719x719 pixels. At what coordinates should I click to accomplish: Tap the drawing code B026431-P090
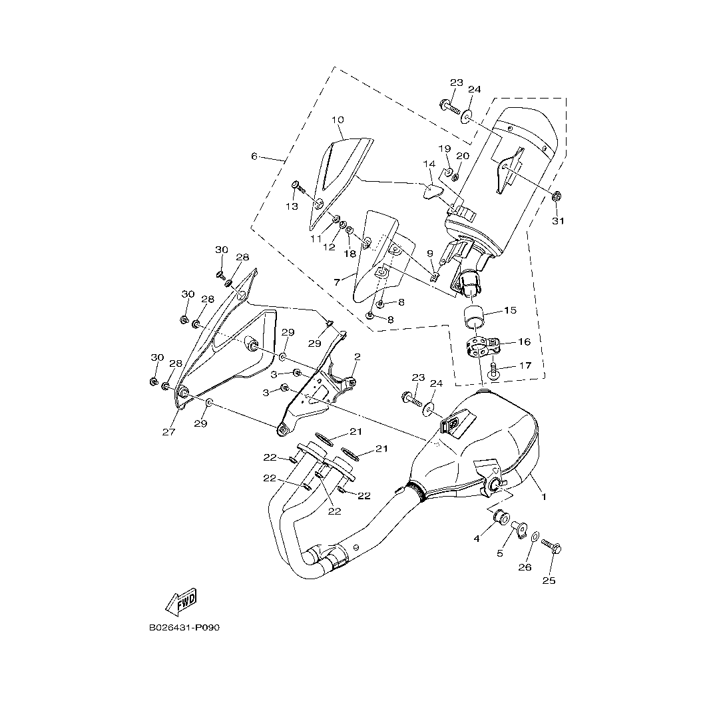[x=184, y=628]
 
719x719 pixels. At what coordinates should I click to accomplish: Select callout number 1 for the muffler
[x=543, y=496]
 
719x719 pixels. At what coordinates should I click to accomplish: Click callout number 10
[x=338, y=120]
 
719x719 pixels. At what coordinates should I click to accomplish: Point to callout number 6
[x=254, y=156]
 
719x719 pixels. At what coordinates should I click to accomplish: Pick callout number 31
[x=558, y=221]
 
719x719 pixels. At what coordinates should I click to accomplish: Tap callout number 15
[x=510, y=310]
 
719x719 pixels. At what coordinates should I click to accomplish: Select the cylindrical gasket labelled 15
[x=475, y=318]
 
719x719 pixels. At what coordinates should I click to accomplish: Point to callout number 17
[x=525, y=365]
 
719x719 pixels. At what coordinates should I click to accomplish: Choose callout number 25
[x=549, y=581]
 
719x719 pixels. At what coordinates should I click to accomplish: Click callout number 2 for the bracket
[x=357, y=357]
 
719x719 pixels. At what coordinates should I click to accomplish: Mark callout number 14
[x=429, y=164]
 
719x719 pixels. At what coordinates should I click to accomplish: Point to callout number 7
[x=338, y=282]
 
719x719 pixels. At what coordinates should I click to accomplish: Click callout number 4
[x=477, y=539]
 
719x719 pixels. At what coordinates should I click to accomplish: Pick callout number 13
[x=292, y=206]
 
